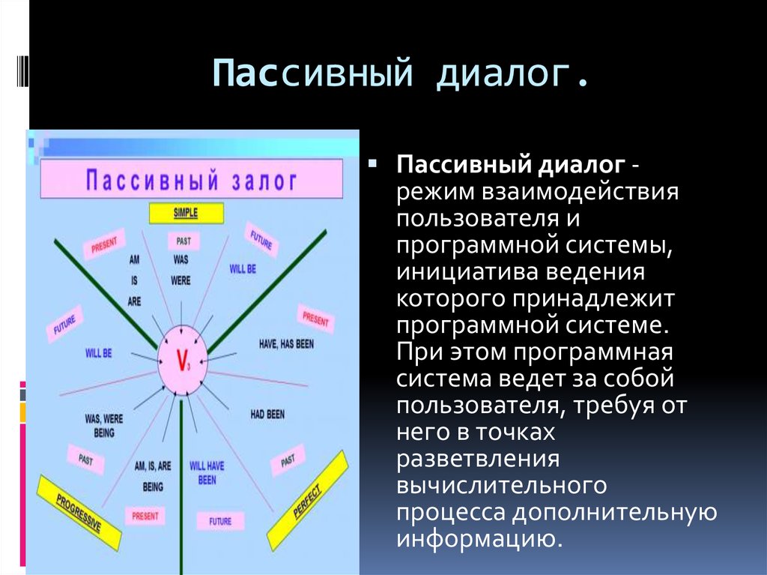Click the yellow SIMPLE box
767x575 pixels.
[186, 213]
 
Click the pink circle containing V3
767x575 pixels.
[182, 359]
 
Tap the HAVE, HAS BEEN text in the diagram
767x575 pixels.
[285, 343]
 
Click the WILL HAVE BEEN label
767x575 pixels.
[207, 472]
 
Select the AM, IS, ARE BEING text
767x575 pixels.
[153, 476]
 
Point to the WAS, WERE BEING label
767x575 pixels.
[105, 426]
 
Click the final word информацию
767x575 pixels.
[479, 538]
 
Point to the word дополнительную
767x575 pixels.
[614, 512]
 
